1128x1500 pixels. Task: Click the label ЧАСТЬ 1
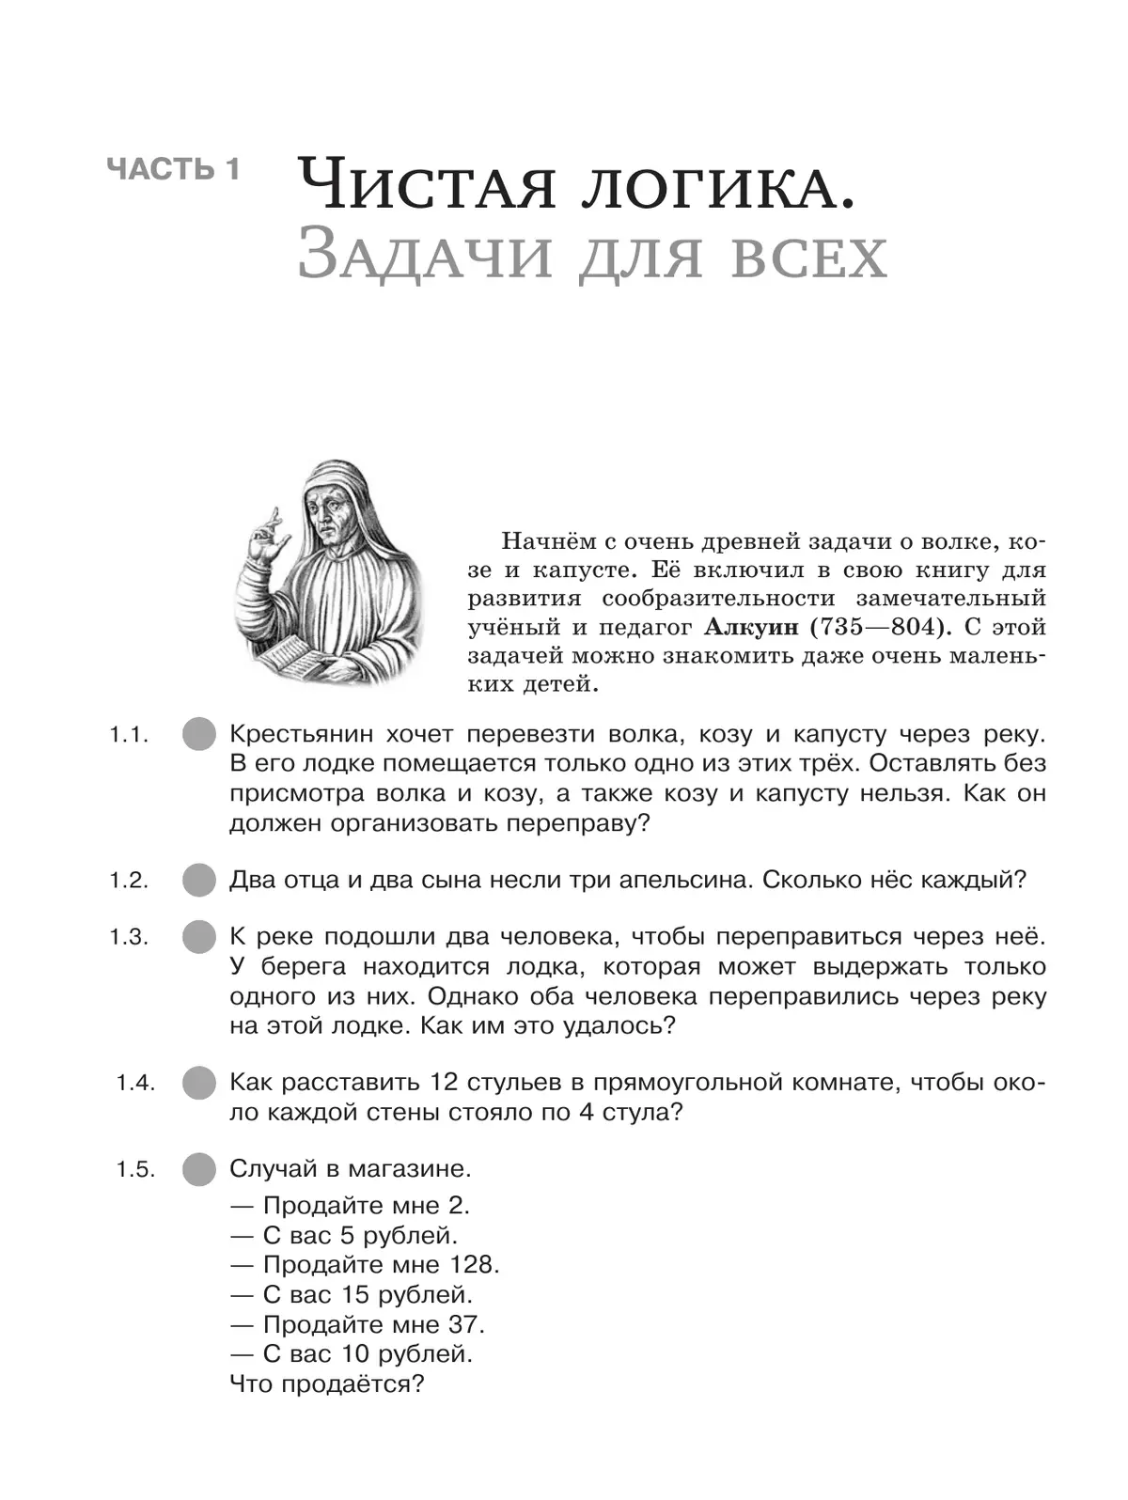[x=174, y=169]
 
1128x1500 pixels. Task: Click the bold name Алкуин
[x=743, y=627]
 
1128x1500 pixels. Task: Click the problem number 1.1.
[x=129, y=735]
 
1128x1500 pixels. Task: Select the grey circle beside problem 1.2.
[x=198, y=881]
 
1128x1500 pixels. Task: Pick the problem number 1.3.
[x=129, y=937]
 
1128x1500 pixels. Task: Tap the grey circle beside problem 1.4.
[x=198, y=1083]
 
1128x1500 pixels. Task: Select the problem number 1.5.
[x=135, y=1169]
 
